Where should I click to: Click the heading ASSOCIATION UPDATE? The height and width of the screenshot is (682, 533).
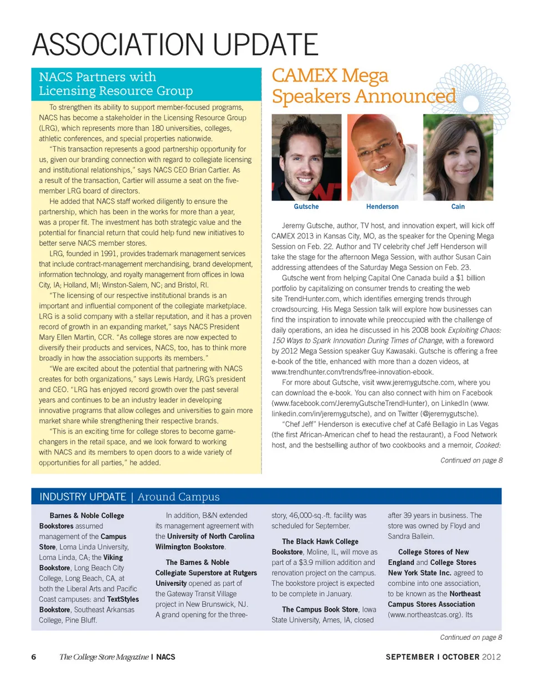(x=175, y=44)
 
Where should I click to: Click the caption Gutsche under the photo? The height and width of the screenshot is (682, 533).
(x=306, y=207)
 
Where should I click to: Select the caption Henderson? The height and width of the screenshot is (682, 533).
(x=382, y=207)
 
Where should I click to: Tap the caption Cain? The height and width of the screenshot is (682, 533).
(x=458, y=207)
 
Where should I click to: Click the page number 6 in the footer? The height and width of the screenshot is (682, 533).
(x=34, y=657)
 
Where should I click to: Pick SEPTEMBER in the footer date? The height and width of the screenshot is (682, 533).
(x=410, y=657)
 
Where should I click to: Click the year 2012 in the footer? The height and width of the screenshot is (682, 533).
(x=492, y=657)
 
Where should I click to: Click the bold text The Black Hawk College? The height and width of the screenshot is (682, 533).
(x=320, y=541)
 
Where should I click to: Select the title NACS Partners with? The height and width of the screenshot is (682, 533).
(x=98, y=77)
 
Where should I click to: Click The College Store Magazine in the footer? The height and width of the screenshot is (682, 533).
(x=104, y=657)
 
